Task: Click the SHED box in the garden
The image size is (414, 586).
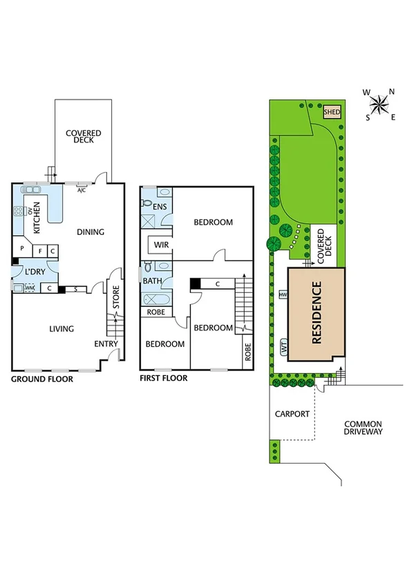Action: (332, 111)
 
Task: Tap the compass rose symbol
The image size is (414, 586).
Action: (379, 105)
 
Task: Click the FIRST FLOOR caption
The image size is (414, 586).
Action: (163, 379)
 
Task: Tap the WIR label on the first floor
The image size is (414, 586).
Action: (162, 245)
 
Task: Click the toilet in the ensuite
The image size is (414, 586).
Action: (147, 203)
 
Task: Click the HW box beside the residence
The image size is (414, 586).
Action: (283, 295)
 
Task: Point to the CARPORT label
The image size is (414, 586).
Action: (292, 415)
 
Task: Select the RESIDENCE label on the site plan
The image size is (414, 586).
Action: (317, 312)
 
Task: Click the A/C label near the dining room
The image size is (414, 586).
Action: (81, 190)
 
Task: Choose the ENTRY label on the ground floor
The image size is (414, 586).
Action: (106, 343)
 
